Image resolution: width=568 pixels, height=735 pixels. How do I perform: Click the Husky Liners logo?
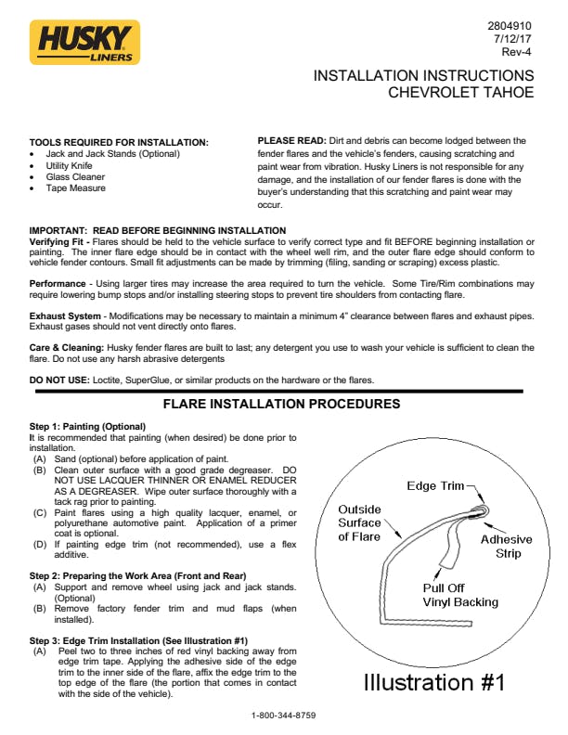tap(84, 43)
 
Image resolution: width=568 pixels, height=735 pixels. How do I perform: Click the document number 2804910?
tap(510, 25)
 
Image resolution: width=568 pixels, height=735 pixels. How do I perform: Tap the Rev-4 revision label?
tap(516, 53)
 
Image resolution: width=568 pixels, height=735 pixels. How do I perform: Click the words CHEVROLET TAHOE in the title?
tap(461, 93)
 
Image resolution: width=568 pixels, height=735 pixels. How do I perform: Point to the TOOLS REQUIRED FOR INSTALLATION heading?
tap(119, 142)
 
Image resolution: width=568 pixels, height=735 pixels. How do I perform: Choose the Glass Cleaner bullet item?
tap(76, 176)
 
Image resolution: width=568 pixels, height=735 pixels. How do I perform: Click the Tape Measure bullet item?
tap(76, 188)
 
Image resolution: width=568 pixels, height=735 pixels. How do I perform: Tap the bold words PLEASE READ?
tap(290, 141)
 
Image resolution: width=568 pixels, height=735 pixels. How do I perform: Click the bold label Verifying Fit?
tap(60, 241)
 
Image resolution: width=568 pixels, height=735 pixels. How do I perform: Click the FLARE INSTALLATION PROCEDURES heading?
tap(281, 405)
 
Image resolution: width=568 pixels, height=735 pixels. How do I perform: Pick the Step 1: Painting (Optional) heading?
tap(87, 426)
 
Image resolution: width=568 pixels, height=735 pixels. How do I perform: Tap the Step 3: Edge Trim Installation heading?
tap(138, 641)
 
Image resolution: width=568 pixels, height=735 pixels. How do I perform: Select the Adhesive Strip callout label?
tap(506, 547)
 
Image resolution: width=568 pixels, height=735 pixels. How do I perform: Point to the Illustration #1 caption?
tap(433, 682)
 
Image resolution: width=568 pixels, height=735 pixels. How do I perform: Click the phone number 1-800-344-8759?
tap(284, 716)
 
